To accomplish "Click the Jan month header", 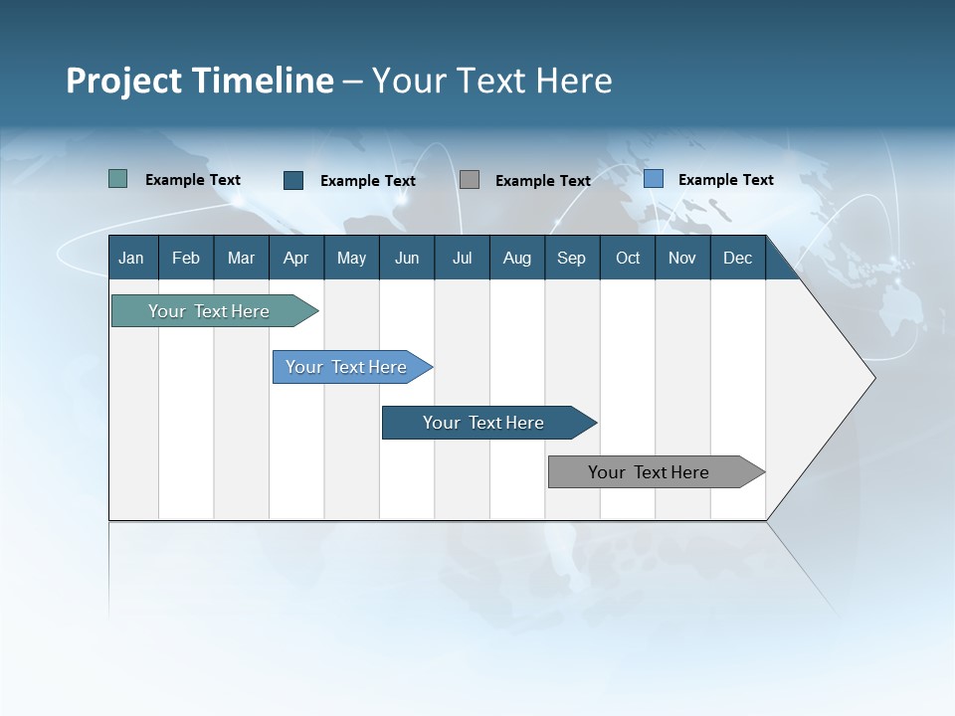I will pos(131,258).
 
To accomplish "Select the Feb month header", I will pos(186,258).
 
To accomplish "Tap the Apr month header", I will pos(295,258).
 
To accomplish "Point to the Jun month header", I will pos(407,258).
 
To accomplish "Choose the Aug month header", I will pos(516,258).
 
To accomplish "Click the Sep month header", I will pos(571,258).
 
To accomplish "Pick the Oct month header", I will pos(628,258).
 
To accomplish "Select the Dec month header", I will pos(737,258).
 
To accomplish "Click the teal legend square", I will pos(118,179).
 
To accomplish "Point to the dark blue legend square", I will pos(293,180).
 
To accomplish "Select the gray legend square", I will pos(470,179).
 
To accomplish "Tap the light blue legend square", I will pos(654,179).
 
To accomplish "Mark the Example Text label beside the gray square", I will pos(543,181).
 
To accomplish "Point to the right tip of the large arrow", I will pos(873,378).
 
